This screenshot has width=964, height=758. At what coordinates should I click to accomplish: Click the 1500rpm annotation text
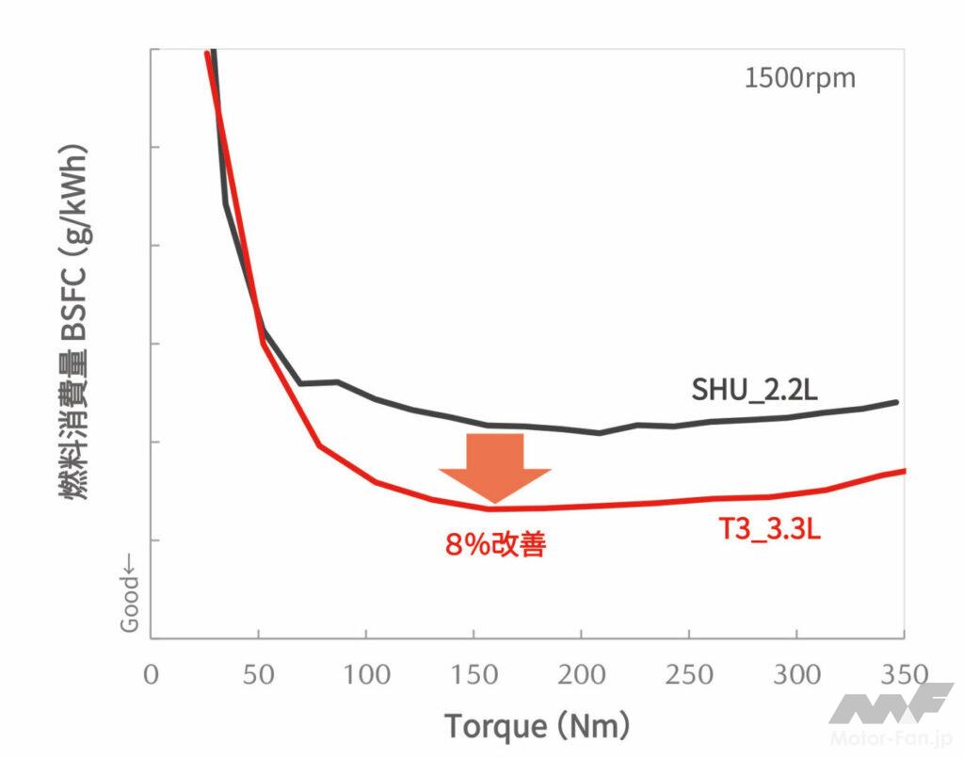tap(799, 77)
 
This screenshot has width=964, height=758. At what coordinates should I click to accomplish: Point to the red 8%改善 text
tap(495, 544)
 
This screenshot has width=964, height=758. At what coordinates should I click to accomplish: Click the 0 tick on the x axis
tap(152, 674)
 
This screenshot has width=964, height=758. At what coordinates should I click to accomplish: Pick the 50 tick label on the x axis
tap(259, 674)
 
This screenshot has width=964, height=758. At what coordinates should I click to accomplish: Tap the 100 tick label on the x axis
tap(366, 674)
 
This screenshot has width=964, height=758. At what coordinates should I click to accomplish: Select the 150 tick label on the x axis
tap(474, 674)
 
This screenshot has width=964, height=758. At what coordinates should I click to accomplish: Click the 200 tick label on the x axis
tap(582, 674)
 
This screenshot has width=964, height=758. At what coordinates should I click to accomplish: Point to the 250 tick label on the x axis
tap(689, 674)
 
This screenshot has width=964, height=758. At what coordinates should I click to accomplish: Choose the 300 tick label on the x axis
tap(796, 674)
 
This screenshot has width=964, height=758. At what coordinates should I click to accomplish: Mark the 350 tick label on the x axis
tap(902, 674)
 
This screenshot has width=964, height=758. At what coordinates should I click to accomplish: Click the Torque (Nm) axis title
tap(537, 726)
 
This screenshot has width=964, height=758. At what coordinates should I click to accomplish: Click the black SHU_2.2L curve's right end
tap(895, 402)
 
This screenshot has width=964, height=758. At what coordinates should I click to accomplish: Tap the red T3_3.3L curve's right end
tap(903, 470)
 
